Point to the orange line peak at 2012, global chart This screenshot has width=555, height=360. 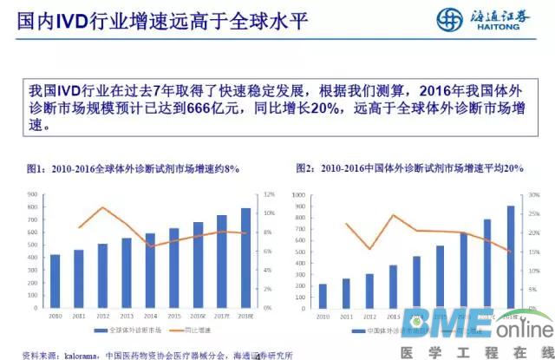pyautogui.click(x=103, y=207)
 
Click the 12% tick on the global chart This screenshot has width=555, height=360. pyautogui.click(x=268, y=194)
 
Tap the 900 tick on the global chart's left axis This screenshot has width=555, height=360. pyautogui.click(x=32, y=194)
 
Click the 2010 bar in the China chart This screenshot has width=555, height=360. pyautogui.click(x=323, y=296)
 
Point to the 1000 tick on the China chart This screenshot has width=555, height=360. pyautogui.click(x=299, y=194)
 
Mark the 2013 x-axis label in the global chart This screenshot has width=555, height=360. pyautogui.click(x=127, y=317)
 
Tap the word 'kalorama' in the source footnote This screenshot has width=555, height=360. pyautogui.click(x=77, y=354)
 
